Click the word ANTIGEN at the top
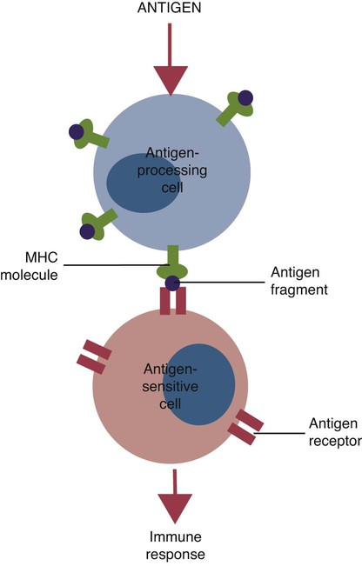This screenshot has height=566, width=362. pos(169,8)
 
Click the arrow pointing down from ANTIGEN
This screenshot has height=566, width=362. pos(171,60)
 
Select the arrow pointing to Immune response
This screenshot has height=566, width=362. pos(175,496)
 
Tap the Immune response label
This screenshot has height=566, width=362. pos(176,545)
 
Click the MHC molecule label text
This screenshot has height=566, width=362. pos(30,266)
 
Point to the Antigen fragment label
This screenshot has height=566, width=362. pos(299,281)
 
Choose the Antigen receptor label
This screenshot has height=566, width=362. pos(334,432)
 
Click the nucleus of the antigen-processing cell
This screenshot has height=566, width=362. pos(144,183)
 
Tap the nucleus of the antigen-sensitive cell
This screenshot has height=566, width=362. pos(198,384)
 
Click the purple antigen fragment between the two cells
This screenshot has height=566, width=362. pos(172,283)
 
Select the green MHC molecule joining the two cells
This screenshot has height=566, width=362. pos(172,263)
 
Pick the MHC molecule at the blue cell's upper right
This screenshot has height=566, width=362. pos(235,109)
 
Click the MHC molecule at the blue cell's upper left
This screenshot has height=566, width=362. pos(89,135)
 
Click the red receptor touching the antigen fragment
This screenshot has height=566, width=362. pos(173,300)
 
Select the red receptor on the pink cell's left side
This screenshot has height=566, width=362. pos(94,356)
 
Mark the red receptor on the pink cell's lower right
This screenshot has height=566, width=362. pos(245,427)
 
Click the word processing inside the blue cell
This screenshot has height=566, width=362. pos(172,170)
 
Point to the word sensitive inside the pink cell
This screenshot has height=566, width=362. pos(171,386)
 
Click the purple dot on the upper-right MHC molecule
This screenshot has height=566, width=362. pos(245,97)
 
